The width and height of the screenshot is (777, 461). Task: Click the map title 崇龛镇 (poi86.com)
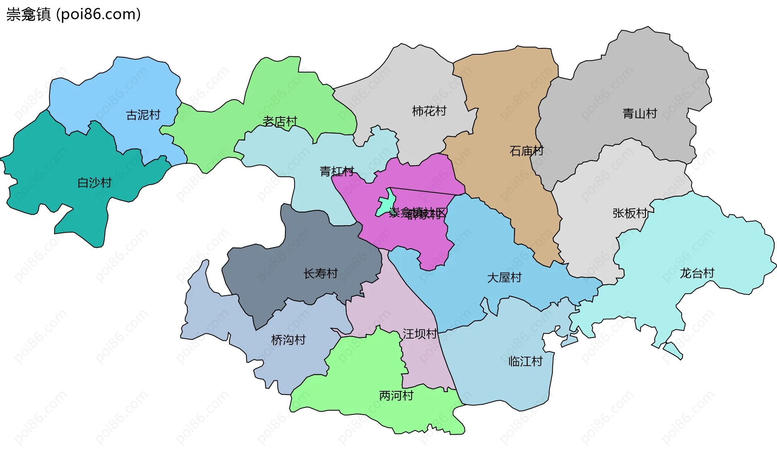click(x=73, y=15)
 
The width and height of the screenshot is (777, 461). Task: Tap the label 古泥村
click(x=143, y=115)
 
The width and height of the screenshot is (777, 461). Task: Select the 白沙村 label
click(x=95, y=183)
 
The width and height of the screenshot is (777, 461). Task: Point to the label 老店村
click(x=280, y=121)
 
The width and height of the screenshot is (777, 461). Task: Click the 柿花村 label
click(x=429, y=111)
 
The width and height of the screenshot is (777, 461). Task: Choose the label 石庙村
click(x=526, y=151)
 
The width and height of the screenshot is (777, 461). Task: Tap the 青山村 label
click(x=639, y=113)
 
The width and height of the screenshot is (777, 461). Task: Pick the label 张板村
click(x=630, y=213)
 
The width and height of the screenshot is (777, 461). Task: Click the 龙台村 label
click(x=697, y=273)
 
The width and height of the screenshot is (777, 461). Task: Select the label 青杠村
click(x=337, y=171)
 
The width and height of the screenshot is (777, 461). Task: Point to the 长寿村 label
click(x=321, y=274)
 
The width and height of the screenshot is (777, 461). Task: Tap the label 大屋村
click(x=504, y=278)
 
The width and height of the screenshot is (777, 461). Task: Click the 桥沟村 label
click(x=288, y=340)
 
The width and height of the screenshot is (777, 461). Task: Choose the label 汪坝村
click(x=420, y=334)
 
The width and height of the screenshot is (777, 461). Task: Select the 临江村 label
click(x=525, y=361)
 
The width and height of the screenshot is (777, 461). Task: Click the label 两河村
click(x=396, y=396)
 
